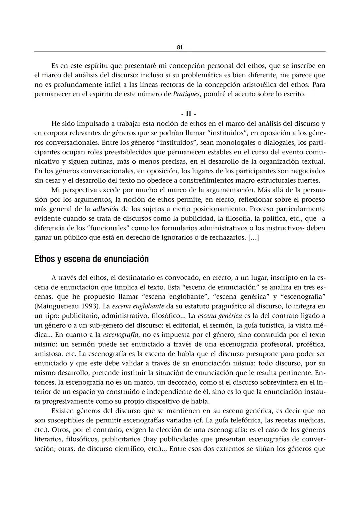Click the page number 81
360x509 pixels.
tap(180, 47)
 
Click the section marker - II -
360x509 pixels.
tap(189, 114)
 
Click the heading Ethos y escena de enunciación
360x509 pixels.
tap(91, 259)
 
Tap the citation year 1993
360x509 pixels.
tap(88, 306)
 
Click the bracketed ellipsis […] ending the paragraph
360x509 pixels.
tap(253, 238)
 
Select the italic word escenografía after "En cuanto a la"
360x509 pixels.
tap(121, 335)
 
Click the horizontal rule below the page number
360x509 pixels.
tap(180, 52)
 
